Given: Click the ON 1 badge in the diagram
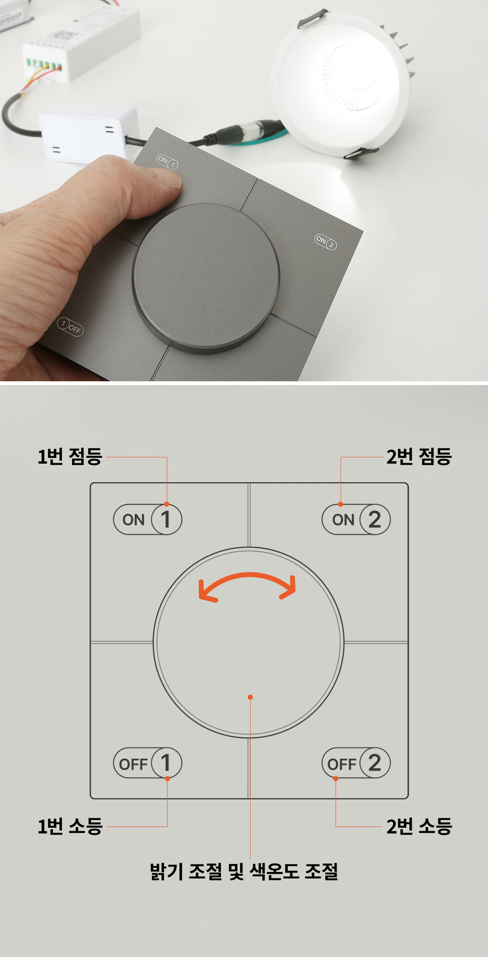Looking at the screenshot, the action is click(x=148, y=519).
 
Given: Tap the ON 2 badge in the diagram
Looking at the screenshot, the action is click(x=356, y=519).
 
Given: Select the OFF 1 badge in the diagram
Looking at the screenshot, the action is click(x=148, y=763).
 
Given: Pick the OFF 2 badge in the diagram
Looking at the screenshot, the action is click(x=356, y=763).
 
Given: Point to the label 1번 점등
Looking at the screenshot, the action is click(x=70, y=456).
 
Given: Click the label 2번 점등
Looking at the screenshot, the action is click(x=419, y=456).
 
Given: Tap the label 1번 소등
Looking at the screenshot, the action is click(x=70, y=827).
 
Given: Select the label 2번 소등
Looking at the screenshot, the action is click(x=419, y=827).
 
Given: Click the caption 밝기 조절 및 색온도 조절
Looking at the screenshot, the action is click(x=244, y=871).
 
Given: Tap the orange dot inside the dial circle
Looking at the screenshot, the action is click(x=250, y=697).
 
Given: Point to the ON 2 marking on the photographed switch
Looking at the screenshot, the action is click(x=326, y=242).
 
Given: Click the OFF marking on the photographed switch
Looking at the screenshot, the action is click(x=70, y=326).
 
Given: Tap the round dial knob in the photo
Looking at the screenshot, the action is click(x=206, y=278).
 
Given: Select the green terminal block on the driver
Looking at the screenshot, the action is click(x=44, y=64).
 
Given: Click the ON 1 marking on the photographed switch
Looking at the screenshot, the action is click(x=167, y=162).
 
